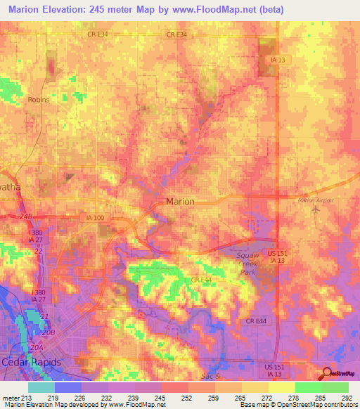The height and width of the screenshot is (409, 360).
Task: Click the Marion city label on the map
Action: click(x=179, y=201)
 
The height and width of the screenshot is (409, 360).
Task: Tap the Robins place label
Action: click(x=39, y=100)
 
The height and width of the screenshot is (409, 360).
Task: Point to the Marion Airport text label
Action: click(x=315, y=200)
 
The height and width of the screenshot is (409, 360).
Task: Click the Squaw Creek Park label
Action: click(x=247, y=262)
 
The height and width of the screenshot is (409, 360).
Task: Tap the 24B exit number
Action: click(x=27, y=216)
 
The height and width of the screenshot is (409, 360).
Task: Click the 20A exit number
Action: click(x=37, y=346)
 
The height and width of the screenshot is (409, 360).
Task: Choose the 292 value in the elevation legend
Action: click(x=347, y=396)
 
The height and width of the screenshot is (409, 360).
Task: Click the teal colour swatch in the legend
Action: click(x=41, y=387)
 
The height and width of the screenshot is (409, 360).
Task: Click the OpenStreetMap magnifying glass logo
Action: click(x=325, y=373)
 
